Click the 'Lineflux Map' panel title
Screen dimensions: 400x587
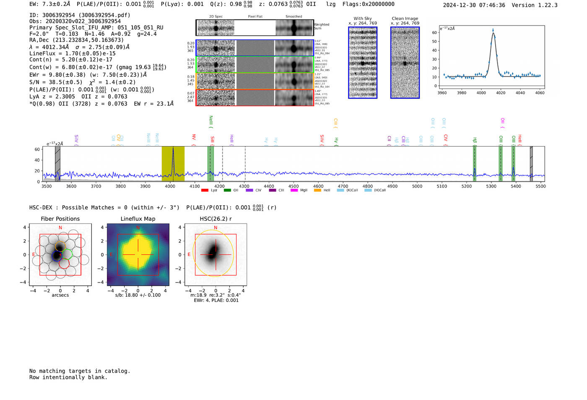click(x=138, y=219)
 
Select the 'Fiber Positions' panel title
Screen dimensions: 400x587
click(x=60, y=219)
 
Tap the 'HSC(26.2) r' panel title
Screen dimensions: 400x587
click(x=216, y=219)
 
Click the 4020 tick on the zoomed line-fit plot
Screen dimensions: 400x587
click(x=501, y=93)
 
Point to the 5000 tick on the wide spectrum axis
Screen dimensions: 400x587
click(x=417, y=186)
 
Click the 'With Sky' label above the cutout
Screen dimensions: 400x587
click(x=363, y=18)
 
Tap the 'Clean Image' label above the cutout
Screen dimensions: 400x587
click(x=405, y=18)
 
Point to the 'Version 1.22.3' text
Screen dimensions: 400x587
click(x=535, y=5)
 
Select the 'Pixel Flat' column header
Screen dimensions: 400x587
click(x=255, y=16)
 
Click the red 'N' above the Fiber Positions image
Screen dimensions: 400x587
click(x=60, y=227)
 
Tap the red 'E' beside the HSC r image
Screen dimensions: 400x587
click(x=189, y=254)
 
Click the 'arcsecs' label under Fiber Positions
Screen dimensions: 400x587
click(x=60, y=295)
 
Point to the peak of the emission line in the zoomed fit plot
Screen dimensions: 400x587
click(x=493, y=31)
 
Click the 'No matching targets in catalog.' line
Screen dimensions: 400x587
click(x=80, y=371)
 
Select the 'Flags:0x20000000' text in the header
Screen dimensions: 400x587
click(x=368, y=4)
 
